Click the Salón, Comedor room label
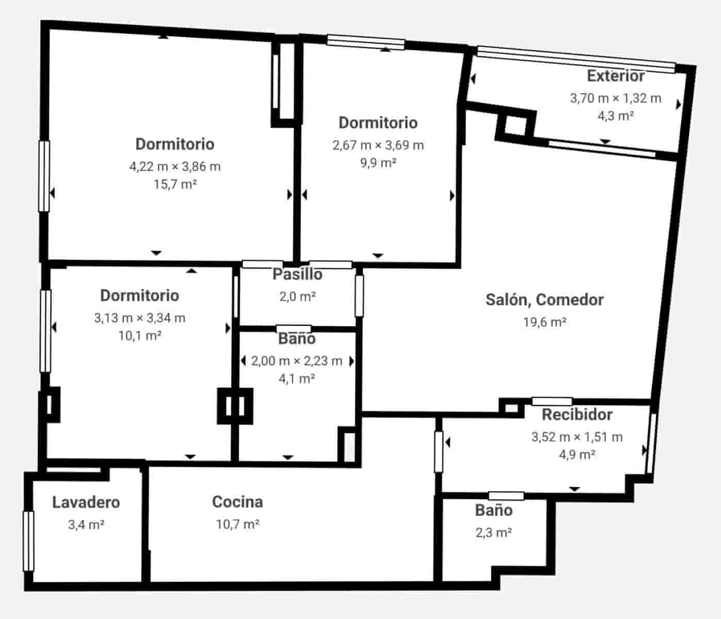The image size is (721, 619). point(544,300)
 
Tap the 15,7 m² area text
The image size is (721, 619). point(175,184)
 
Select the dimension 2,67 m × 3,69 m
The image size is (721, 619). point(378,145)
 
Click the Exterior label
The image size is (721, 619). point(615,76)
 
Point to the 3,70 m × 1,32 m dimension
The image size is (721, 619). point(615,98)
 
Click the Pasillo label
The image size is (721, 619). point(297,274)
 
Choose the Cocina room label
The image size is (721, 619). point(237,502)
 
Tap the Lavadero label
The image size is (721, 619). point(86,502)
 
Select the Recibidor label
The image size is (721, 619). point(577,415)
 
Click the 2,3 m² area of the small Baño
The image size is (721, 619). point(494,532)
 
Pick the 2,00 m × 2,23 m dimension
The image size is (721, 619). point(297,361)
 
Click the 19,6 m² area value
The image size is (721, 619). point(545,322)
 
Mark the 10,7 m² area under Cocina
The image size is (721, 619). point(237,525)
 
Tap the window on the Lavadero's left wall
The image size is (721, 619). point(28,541)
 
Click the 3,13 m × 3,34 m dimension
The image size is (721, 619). point(139,318)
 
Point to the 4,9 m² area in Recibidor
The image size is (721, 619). point(577,454)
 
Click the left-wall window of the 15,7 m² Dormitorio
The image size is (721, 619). point(44,176)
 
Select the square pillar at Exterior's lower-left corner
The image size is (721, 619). point(514,125)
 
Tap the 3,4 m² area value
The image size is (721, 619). point(86,525)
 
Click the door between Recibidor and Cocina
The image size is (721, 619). point(438,452)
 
